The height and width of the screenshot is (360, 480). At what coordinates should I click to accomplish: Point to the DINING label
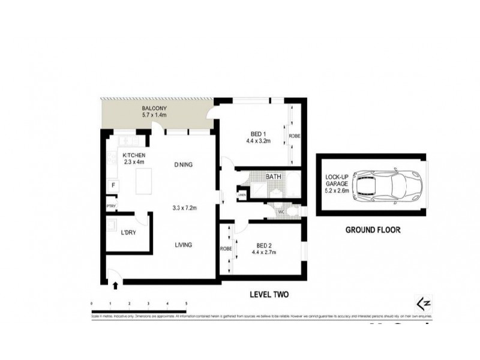183,165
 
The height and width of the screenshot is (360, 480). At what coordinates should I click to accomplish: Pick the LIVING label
184,245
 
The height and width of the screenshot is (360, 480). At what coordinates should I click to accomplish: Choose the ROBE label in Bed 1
295,136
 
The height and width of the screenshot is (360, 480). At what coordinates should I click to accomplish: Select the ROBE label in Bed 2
226,248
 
